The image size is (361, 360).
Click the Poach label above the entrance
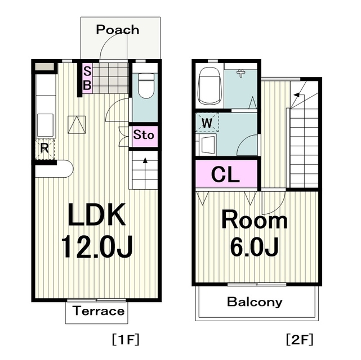[x=118, y=30]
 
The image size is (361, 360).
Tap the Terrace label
[x=99, y=311]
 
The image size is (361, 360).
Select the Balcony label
[x=255, y=302]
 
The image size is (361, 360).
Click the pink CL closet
[x=226, y=174]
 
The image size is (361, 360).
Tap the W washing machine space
[x=207, y=122]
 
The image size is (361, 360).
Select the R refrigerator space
[x=44, y=150]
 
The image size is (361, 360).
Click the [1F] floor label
[x=126, y=340]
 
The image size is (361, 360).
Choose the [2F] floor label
[x=300, y=340]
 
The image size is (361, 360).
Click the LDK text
[x=97, y=214]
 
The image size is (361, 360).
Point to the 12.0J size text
[x=97, y=246]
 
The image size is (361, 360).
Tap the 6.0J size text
[x=255, y=247]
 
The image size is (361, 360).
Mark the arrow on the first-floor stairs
[x=145, y=173]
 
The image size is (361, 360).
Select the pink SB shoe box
[x=87, y=78]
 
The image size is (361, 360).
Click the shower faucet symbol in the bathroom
[x=241, y=73]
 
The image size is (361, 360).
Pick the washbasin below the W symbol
[x=208, y=145]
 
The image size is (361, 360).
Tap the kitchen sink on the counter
[x=45, y=125]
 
